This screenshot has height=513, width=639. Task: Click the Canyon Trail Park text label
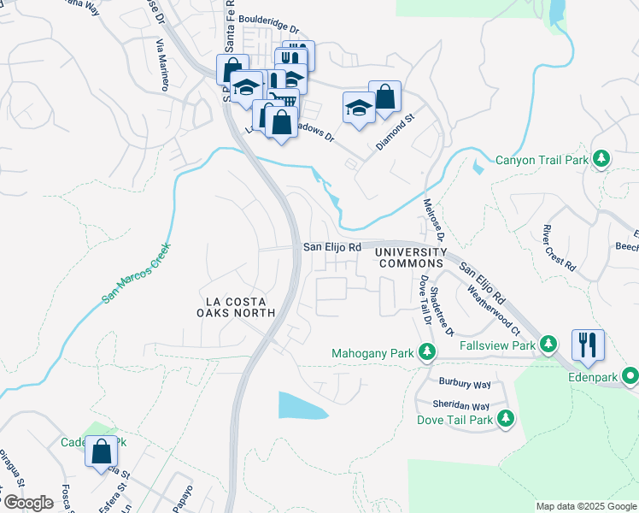click(x=542, y=160)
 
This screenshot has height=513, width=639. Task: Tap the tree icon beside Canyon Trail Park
click(x=601, y=159)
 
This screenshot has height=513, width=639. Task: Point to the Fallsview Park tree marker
click(x=551, y=345)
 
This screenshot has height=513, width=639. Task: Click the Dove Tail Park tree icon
click(x=507, y=418)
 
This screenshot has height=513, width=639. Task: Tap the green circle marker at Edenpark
click(x=630, y=374)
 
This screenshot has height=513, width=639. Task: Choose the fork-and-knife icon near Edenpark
click(x=588, y=344)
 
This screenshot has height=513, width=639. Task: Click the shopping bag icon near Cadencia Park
click(x=101, y=450)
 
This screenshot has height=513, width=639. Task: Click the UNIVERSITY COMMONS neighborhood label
click(x=411, y=258)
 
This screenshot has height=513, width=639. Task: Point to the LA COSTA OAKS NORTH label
click(x=240, y=308)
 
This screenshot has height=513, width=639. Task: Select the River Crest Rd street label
click(x=559, y=248)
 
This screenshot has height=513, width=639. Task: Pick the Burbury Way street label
click(x=465, y=385)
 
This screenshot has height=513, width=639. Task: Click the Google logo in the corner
click(x=28, y=503)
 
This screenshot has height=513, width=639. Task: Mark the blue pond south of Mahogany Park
click(x=302, y=405)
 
